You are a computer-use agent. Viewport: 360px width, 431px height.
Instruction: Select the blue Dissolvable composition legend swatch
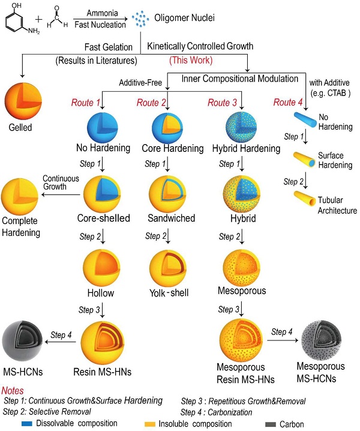[26, 423]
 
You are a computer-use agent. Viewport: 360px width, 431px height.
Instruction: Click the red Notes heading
[14, 391]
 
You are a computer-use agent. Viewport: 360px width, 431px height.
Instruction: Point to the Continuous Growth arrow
[62, 194]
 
